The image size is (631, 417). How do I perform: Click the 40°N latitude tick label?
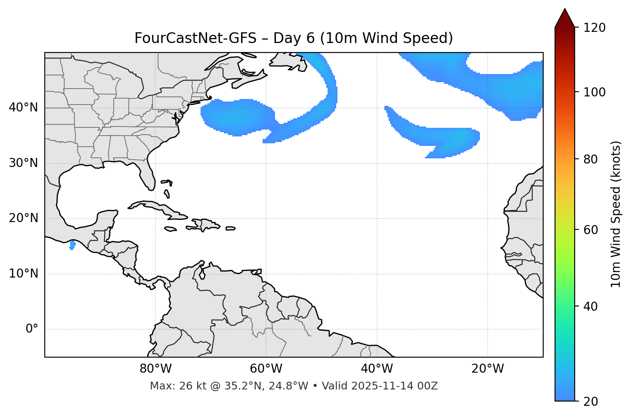23,108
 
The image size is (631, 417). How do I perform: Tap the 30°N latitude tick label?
23,163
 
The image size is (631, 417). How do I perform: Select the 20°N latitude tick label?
23,218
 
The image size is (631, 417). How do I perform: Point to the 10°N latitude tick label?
23,274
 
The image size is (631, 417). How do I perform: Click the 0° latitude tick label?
32,329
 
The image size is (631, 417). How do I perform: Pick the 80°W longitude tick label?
155,369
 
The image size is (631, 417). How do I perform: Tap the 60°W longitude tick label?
266,369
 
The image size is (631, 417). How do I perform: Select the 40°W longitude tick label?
377,369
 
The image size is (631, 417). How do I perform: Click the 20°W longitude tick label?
488,369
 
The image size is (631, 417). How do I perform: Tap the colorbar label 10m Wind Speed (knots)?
616,214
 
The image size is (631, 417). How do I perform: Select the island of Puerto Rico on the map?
231,229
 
